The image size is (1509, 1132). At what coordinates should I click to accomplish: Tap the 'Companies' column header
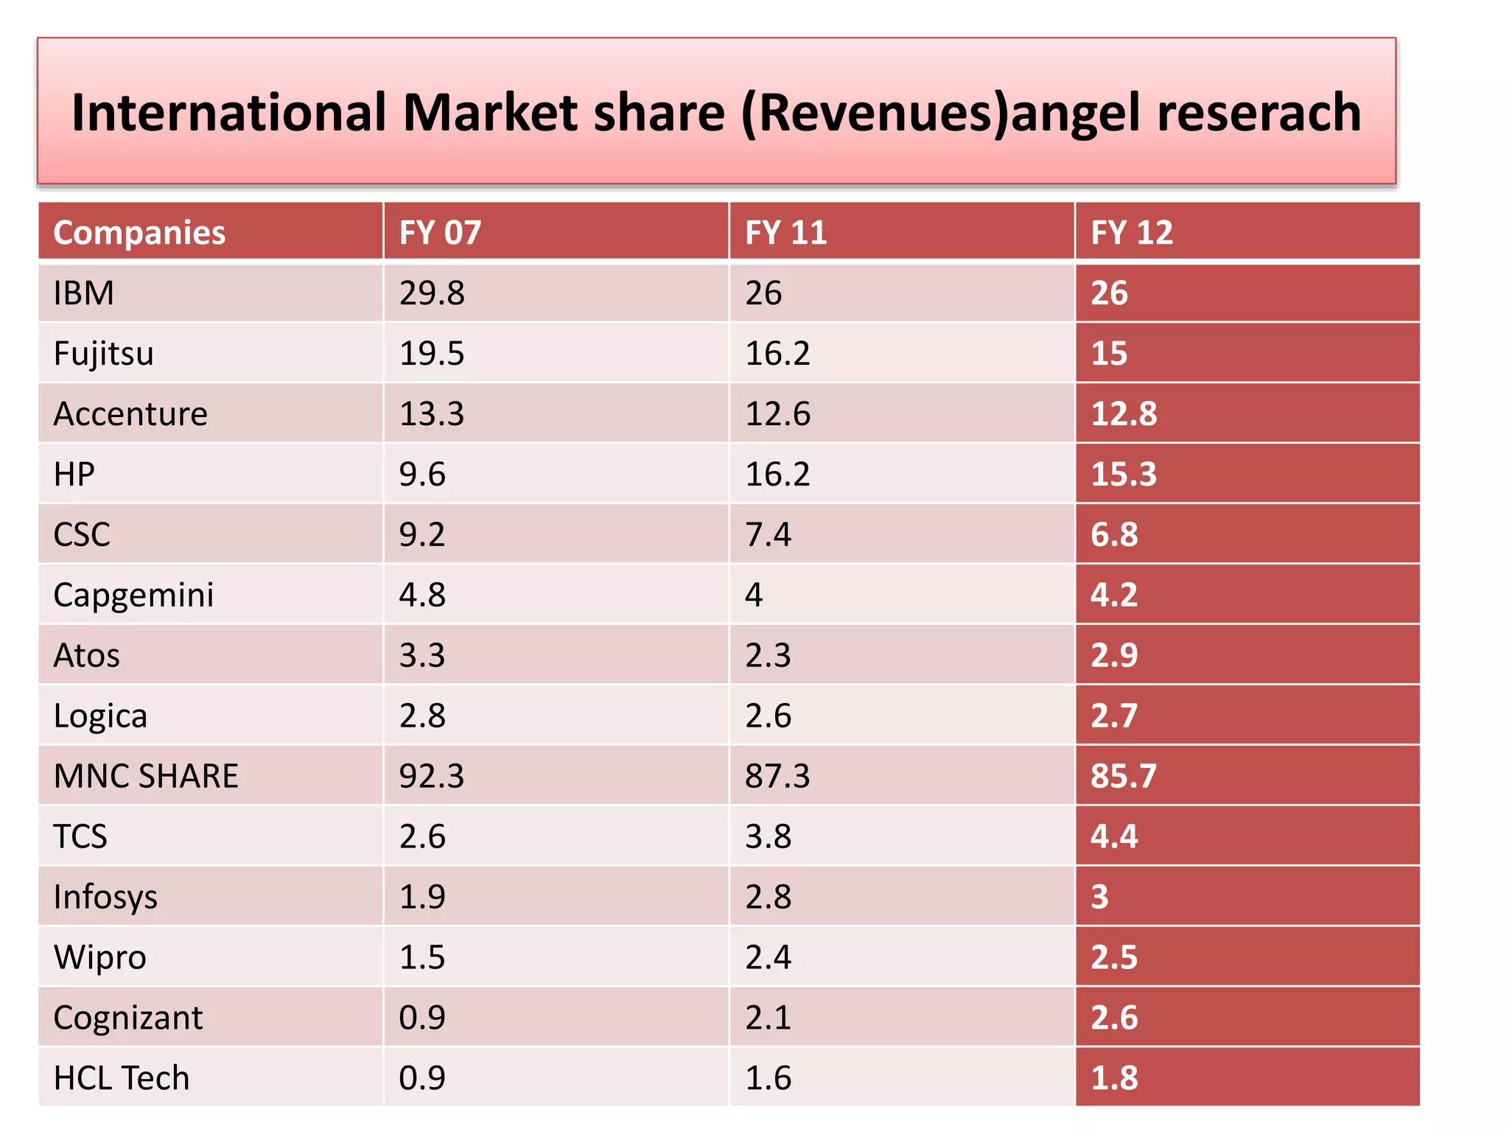pyautogui.click(x=139, y=233)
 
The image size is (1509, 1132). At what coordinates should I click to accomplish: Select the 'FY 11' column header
pyautogui.click(x=785, y=233)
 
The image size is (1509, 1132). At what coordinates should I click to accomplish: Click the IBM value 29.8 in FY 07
pyautogui.click(x=432, y=293)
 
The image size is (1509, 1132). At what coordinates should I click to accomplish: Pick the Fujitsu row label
pyautogui.click(x=103, y=354)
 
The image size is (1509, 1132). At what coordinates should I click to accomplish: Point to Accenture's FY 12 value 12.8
pyautogui.click(x=1124, y=414)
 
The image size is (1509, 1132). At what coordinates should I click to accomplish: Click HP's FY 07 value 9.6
pyautogui.click(x=422, y=475)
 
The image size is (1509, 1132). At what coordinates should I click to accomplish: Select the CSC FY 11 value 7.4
pyautogui.click(x=768, y=535)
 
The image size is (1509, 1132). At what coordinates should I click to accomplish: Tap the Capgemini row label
pyautogui.click(x=133, y=595)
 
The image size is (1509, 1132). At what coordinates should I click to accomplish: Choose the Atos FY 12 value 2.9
pyautogui.click(x=1114, y=656)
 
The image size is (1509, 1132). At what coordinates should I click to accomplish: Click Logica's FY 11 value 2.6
pyautogui.click(x=768, y=716)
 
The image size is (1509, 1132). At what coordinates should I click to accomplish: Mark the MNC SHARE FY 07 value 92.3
pyautogui.click(x=432, y=777)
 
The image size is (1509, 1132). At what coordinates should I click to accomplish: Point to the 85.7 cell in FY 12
pyautogui.click(x=1124, y=777)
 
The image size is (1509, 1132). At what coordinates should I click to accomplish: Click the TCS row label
pyautogui.click(x=80, y=837)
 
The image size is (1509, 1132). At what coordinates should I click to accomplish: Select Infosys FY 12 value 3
pyautogui.click(x=1099, y=898)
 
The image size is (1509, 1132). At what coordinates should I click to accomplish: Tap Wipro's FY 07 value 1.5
pyautogui.click(x=422, y=958)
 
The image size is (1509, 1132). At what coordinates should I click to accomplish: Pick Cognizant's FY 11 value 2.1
pyautogui.click(x=768, y=1019)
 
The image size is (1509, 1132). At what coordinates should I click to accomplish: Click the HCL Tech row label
pyautogui.click(x=122, y=1079)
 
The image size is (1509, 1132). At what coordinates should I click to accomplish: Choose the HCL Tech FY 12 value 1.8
pyautogui.click(x=1114, y=1079)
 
